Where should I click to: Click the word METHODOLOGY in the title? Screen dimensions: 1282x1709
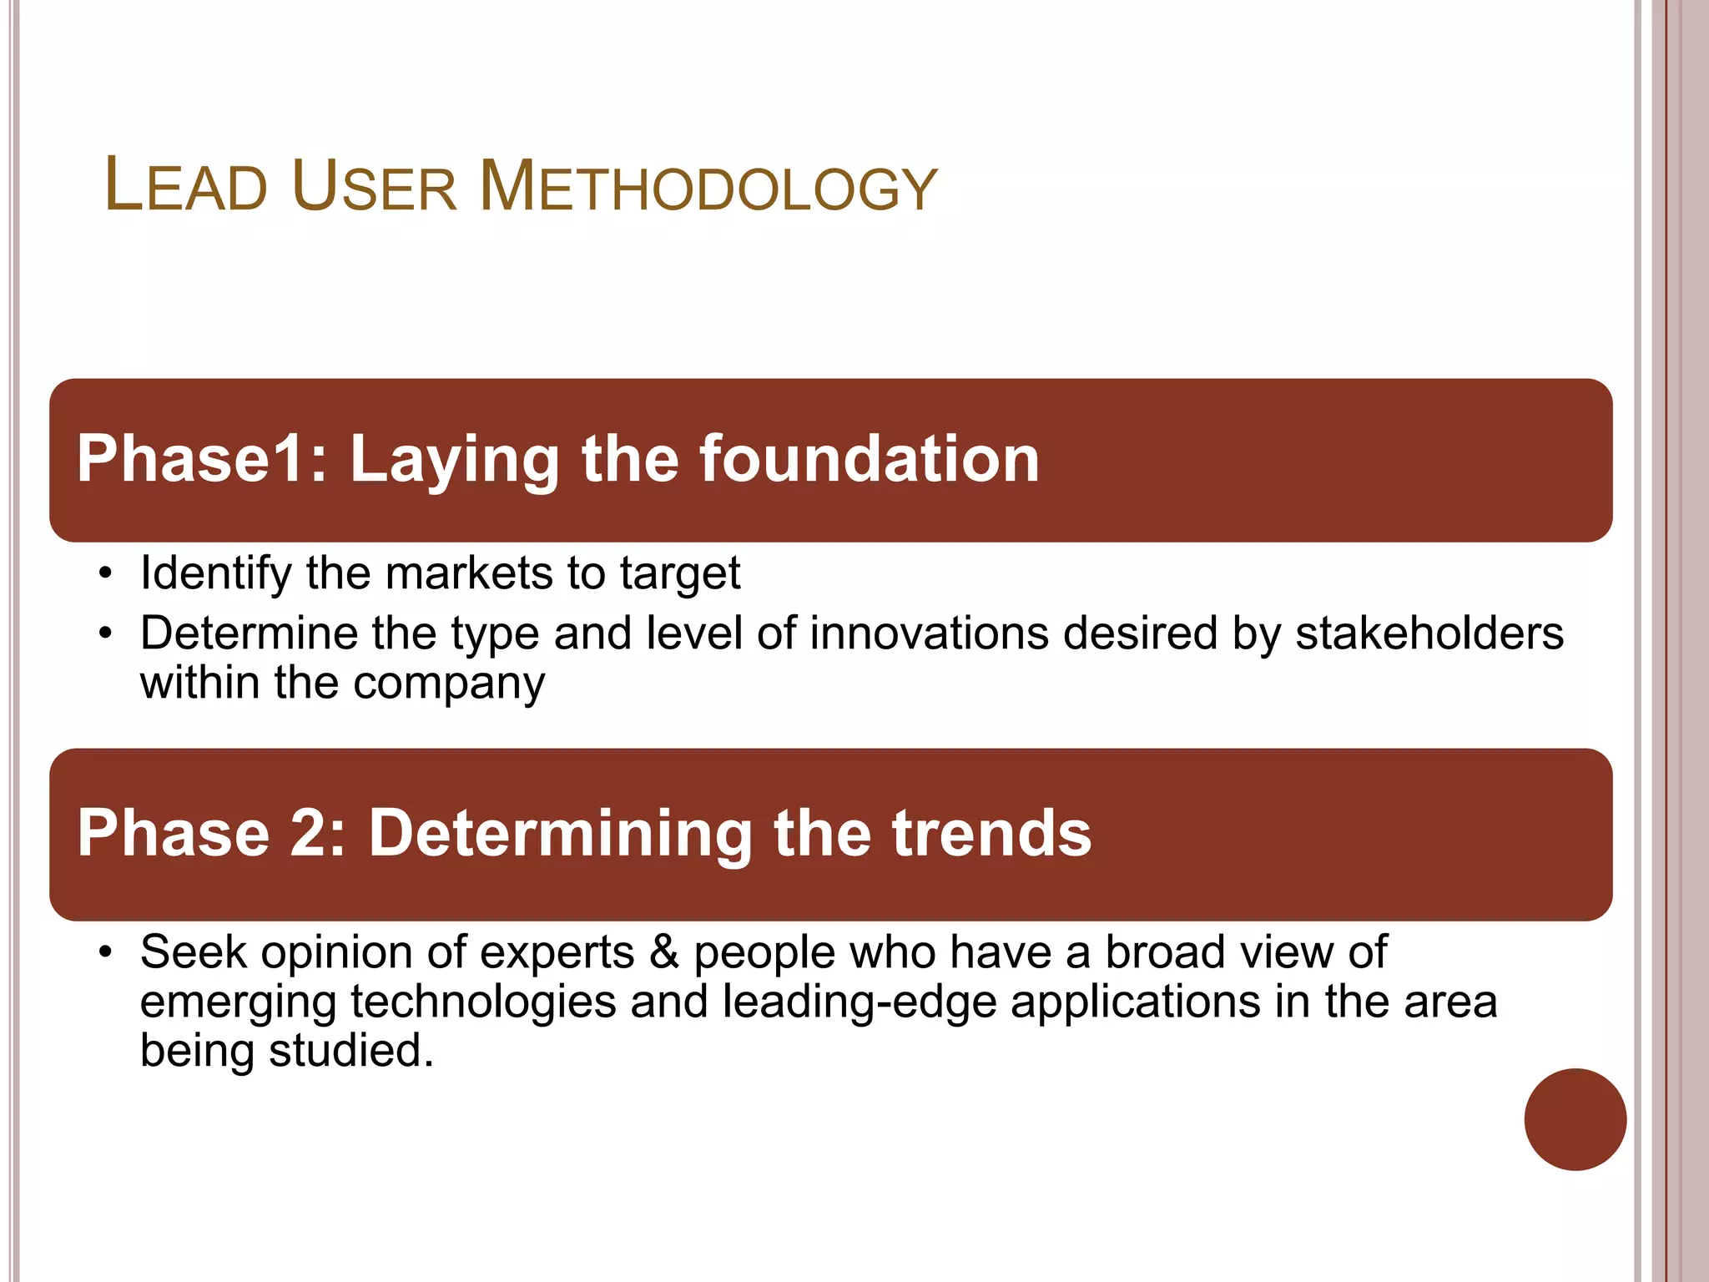pyautogui.click(x=708, y=186)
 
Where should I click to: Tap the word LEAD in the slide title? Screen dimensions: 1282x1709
pyautogui.click(x=185, y=186)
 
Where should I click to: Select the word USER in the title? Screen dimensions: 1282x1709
pyautogui.click(x=374, y=186)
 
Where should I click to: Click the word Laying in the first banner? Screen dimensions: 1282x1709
pyautogui.click(x=454, y=461)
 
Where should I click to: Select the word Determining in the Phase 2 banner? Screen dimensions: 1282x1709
pyautogui.click(x=561, y=834)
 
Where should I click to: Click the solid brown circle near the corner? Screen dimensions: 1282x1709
pyautogui.click(x=1575, y=1119)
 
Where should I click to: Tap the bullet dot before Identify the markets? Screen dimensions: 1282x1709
pyautogui.click(x=104, y=574)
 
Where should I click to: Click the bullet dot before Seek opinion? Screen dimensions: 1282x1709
pyautogui.click(x=104, y=952)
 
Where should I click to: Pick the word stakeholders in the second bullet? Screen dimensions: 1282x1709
pyautogui.click(x=1429, y=633)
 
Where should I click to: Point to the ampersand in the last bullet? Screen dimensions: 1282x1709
pyautogui.click(x=663, y=952)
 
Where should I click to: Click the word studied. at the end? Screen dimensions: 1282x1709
pyautogui.click(x=350, y=1051)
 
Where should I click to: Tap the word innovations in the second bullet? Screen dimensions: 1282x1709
pyautogui.click(x=929, y=633)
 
